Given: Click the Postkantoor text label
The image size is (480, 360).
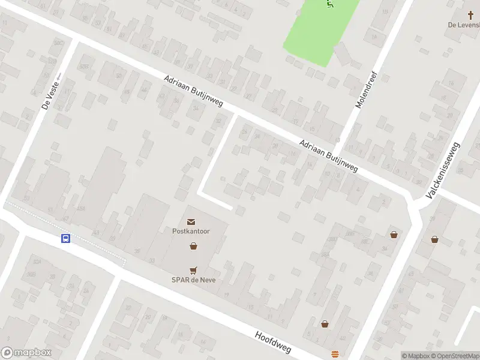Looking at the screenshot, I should [190, 231].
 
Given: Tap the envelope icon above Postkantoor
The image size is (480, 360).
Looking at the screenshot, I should [191, 222].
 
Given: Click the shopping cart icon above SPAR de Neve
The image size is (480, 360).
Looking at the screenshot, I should [193, 271].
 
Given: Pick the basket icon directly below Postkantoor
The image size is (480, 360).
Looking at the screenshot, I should [193, 245].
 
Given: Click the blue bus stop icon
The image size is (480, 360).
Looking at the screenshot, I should [66, 238].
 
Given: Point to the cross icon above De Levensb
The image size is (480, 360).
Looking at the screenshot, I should [471, 15].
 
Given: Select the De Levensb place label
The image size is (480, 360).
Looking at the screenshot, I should [464, 25].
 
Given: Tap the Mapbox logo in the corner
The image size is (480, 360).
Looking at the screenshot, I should [27, 352].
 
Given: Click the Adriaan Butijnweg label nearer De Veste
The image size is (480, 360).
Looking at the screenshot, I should [193, 92].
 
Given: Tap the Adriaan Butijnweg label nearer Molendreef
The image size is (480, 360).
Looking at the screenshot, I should [328, 156].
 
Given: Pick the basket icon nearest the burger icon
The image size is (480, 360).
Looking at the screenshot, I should [325, 324].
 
